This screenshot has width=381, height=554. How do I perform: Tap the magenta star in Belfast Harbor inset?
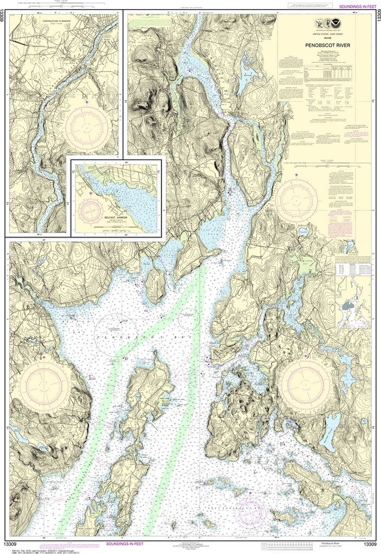(x=91, y=193)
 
